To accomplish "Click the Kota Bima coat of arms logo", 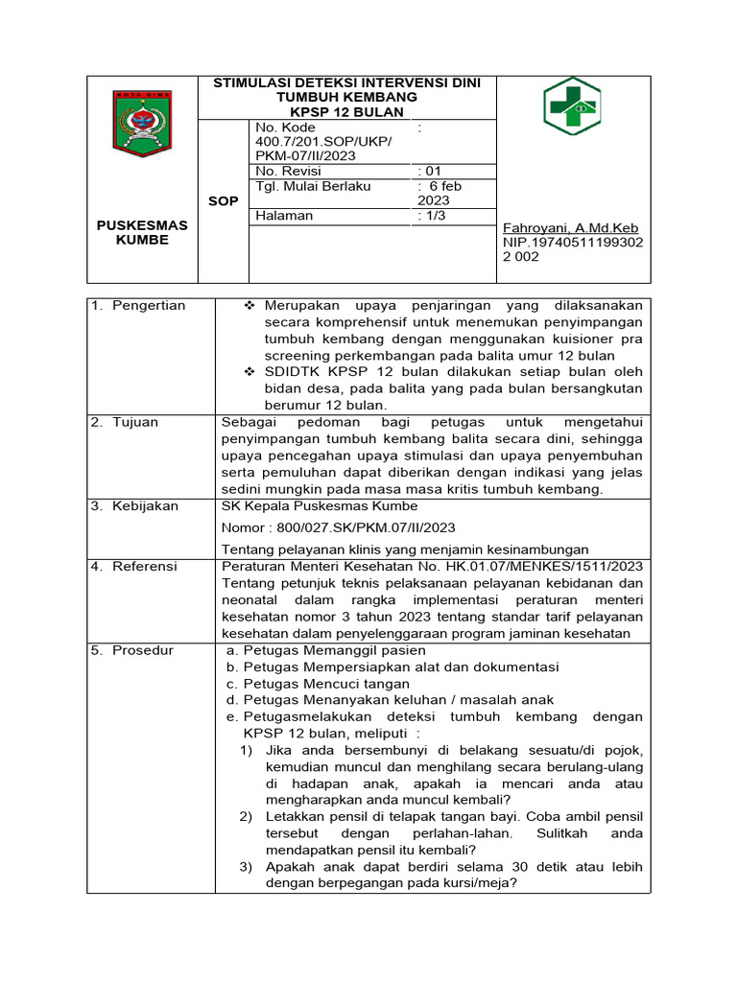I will coord(142,123).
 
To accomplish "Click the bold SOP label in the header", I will coord(223,201).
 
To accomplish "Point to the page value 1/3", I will coord(435,216).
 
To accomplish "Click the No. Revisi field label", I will coord(288,171).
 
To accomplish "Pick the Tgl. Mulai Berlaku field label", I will coord(313,186).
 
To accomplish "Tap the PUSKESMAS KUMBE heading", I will coord(142,232).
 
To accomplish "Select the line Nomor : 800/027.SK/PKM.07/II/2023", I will coord(338,527).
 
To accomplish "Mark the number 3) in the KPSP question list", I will coord(246,866).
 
